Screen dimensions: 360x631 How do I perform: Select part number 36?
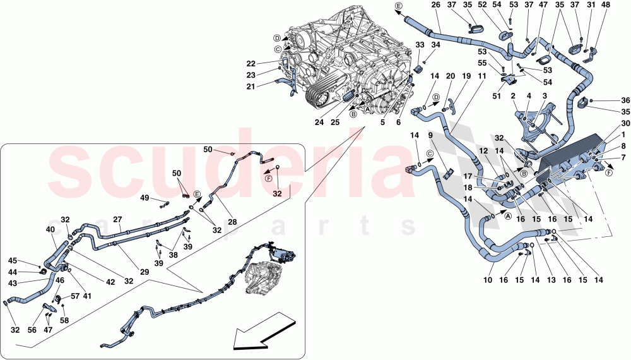click(x=625, y=100)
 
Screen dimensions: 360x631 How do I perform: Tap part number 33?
click(x=420, y=45)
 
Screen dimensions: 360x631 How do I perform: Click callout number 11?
click(x=482, y=76)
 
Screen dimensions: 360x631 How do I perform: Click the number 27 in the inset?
click(x=117, y=219)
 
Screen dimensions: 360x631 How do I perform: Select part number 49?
click(x=145, y=198)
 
